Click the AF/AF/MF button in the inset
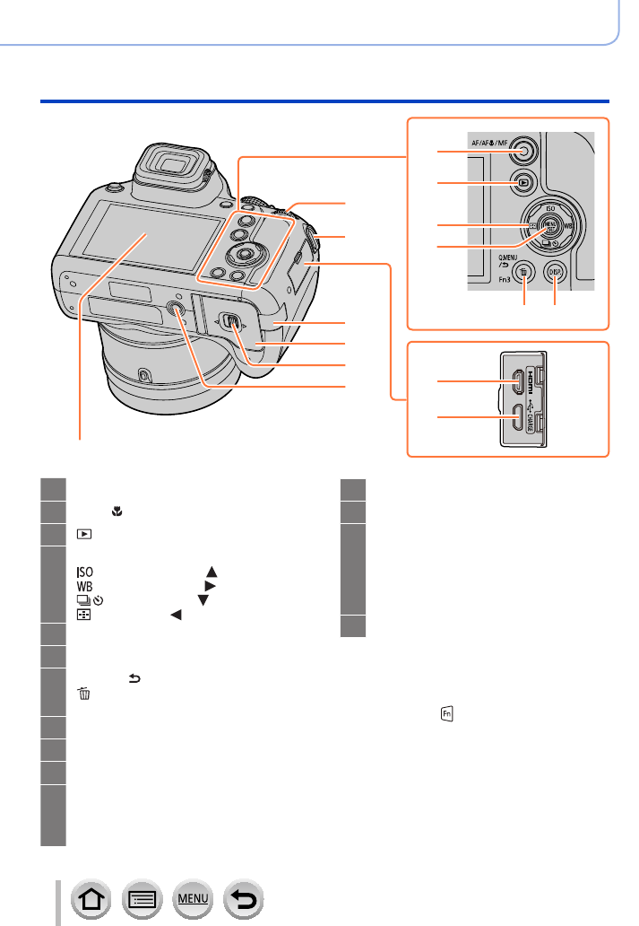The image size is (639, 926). pos(524,152)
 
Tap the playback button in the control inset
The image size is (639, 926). pos(524,183)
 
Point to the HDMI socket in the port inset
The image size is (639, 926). pos(515,382)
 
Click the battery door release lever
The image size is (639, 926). pos(230,321)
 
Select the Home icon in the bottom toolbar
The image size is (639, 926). pos(88,896)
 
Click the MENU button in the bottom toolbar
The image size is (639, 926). pos(192,896)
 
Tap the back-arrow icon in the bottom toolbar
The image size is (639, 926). pos(244,896)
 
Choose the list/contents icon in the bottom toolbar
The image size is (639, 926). pos(140,896)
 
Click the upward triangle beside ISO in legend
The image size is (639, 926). pos(212,571)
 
